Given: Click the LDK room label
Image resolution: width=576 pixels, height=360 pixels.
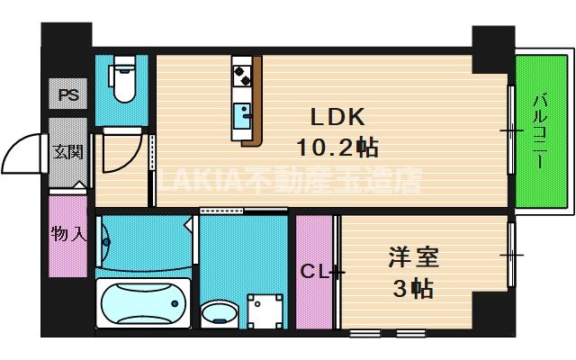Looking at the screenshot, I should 337,118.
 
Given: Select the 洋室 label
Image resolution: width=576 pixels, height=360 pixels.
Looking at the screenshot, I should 413,258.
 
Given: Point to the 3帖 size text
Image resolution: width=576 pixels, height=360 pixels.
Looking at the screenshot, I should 413,288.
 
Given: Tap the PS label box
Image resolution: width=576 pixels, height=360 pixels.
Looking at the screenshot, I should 67,94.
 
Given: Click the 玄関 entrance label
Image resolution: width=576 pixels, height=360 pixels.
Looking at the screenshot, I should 67,151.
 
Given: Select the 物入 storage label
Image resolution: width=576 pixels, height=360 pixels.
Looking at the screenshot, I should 68,235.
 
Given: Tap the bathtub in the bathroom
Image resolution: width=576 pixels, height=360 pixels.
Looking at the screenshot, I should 143,301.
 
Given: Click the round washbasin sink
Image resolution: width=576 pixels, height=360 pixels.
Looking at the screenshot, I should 217,314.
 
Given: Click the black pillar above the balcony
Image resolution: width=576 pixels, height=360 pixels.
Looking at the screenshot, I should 492,49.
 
